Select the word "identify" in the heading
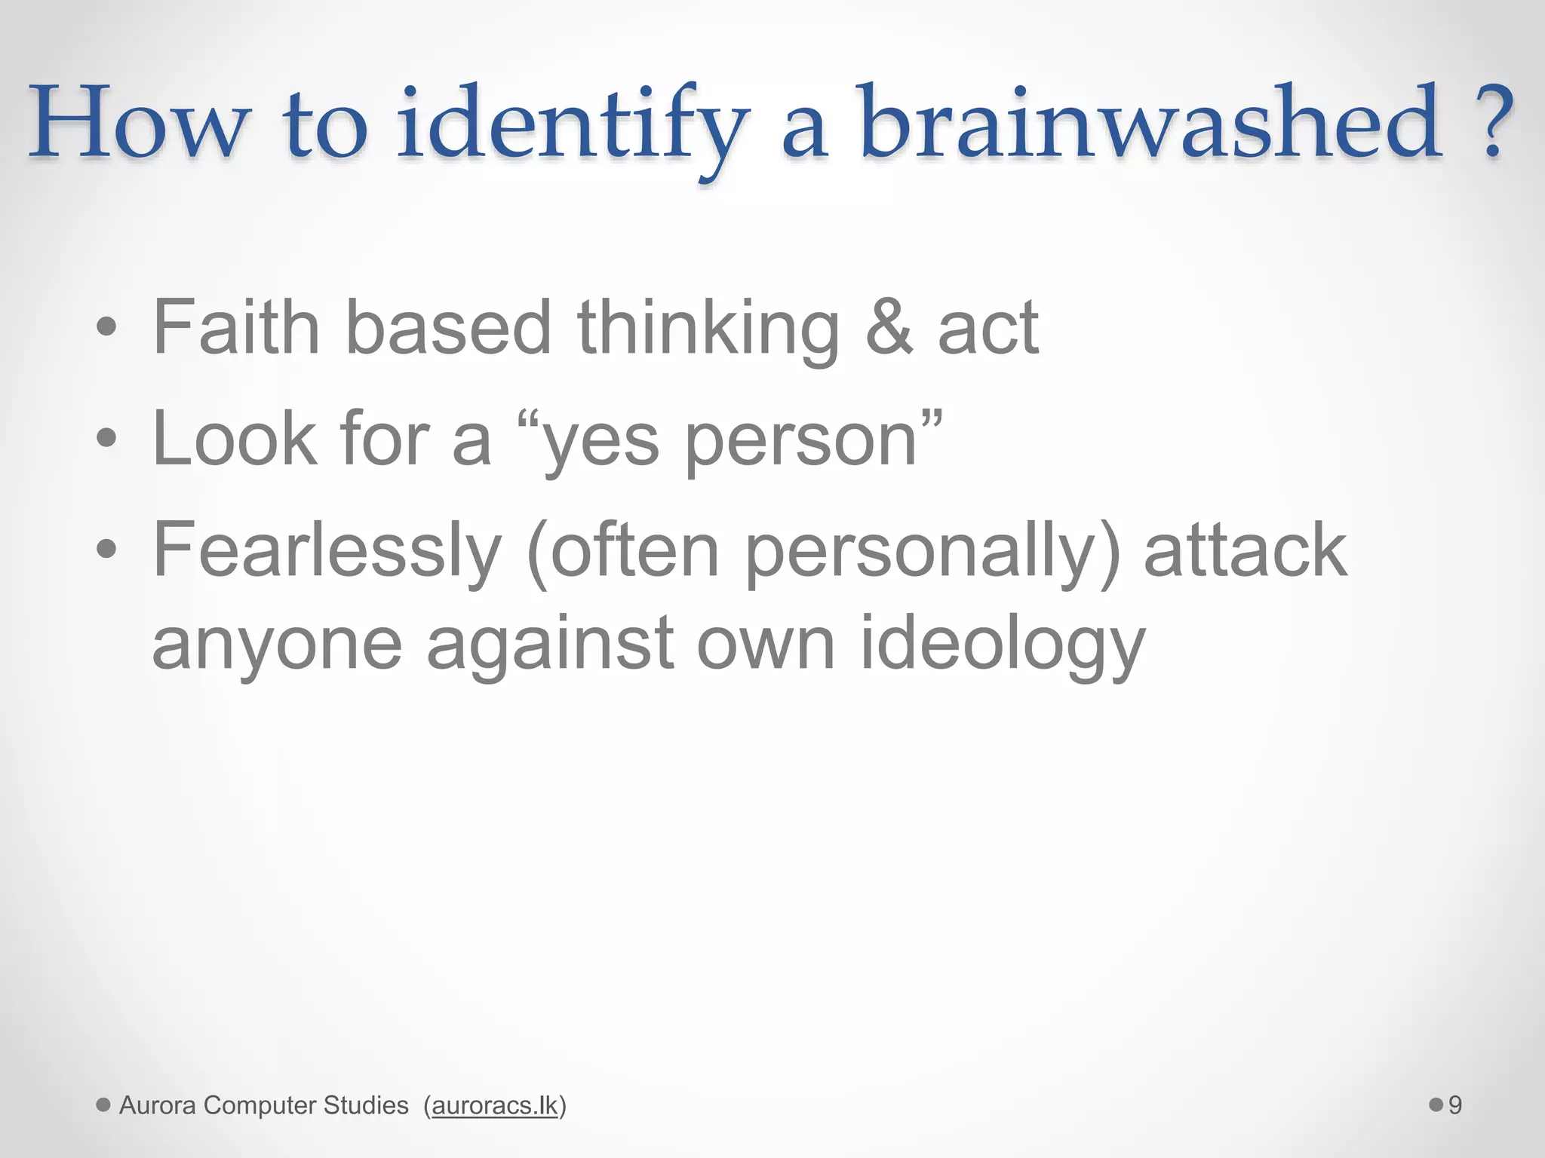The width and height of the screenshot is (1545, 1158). coord(573,128)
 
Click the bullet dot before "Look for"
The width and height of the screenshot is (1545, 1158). coord(107,439)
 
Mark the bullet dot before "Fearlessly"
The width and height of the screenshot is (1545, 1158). coord(107,550)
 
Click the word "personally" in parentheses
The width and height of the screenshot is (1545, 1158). coord(920,554)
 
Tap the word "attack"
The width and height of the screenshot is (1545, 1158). coord(1246,550)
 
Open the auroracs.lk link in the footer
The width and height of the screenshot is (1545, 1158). coord(495,1105)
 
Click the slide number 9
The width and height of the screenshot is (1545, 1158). coord(1455,1105)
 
